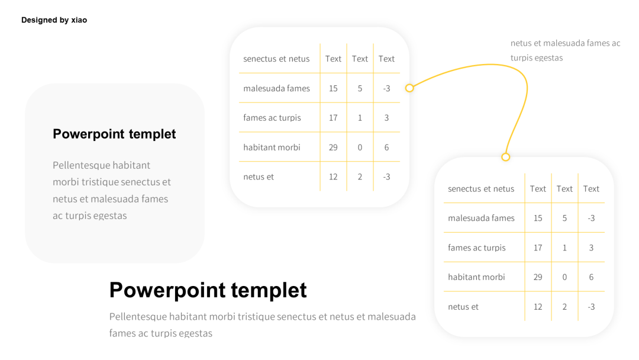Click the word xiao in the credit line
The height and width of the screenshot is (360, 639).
pos(79,20)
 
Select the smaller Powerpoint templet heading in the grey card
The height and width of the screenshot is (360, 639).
pos(114,134)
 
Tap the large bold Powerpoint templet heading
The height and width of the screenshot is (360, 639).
pos(208,290)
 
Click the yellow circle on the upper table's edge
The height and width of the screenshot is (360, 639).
pos(409,88)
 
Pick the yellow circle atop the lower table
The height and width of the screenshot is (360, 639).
pos(505,157)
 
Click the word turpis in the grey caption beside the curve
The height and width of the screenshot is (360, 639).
pos(521,58)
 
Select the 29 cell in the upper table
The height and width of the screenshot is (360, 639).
pos(333,147)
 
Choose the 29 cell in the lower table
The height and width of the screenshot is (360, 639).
pos(538,277)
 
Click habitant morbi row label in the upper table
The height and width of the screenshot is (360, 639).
pos(272,147)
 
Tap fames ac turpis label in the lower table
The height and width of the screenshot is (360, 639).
pos(476,247)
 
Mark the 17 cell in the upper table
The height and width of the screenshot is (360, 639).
pos(333,118)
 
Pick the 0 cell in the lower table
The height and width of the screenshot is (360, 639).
pos(564,277)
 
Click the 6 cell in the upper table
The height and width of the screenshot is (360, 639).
pos(386,147)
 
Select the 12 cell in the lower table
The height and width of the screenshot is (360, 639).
pos(538,307)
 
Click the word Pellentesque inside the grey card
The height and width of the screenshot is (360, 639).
pos(81,165)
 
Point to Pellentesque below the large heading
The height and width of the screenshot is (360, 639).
pos(138,317)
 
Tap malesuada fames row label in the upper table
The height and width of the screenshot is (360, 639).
pos(276,88)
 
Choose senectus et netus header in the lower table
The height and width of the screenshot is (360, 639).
pos(481,189)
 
